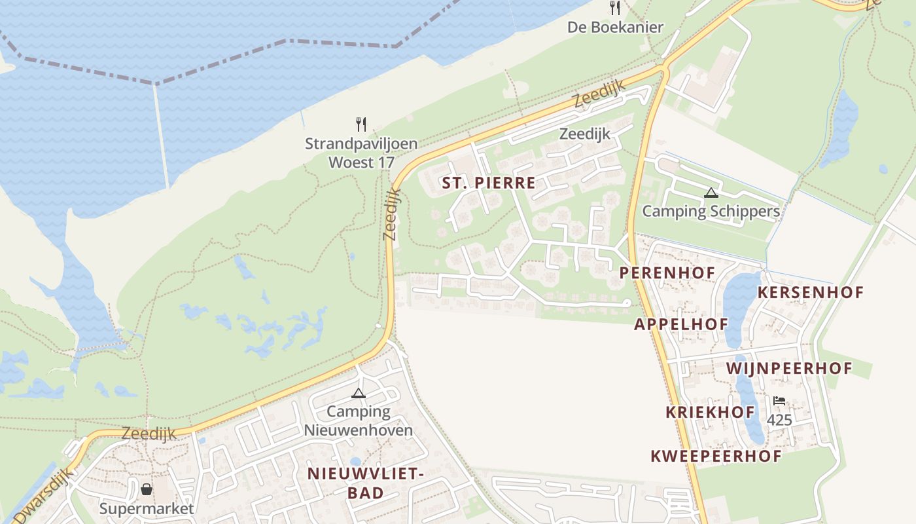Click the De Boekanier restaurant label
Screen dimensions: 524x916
coord(615,28)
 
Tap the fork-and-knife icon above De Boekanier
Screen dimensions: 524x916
coord(615,8)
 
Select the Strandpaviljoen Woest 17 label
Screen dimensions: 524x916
coord(361,153)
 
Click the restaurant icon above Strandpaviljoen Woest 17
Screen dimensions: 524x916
coord(361,124)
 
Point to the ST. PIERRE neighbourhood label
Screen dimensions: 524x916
coord(488,183)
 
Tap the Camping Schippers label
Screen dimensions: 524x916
coord(711,211)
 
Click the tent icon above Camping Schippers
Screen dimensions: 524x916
coord(711,193)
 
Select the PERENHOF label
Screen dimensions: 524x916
coord(667,272)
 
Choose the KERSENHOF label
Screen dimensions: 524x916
coord(811,293)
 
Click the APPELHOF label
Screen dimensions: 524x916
coord(681,324)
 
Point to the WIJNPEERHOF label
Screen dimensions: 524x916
coord(789,369)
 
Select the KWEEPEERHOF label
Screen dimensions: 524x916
coord(716,457)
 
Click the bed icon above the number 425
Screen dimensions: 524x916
coord(779,400)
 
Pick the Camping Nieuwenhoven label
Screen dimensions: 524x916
coord(359,421)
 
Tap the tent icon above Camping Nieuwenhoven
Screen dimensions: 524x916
coord(358,393)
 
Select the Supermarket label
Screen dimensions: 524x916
coord(147,508)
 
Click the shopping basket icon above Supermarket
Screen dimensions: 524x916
coord(147,489)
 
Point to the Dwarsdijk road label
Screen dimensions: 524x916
coord(41,499)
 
